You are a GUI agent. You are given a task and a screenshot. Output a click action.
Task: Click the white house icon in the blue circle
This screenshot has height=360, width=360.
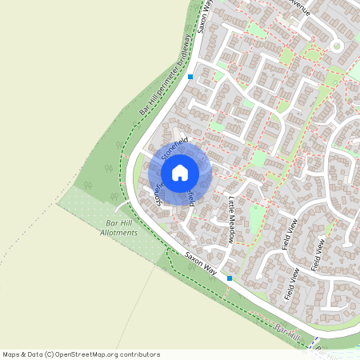tap(180, 172)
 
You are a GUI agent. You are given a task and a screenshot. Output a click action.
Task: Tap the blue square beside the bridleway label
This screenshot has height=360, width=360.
tap(190, 77)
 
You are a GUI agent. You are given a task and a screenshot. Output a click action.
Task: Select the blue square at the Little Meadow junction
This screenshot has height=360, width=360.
tap(230, 278)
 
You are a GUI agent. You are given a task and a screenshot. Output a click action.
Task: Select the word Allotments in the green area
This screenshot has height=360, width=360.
tap(119, 232)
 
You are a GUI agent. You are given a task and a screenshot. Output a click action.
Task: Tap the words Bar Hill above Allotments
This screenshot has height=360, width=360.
tap(118, 223)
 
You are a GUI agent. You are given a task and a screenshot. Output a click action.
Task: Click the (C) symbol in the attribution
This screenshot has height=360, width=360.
tap(50, 354)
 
